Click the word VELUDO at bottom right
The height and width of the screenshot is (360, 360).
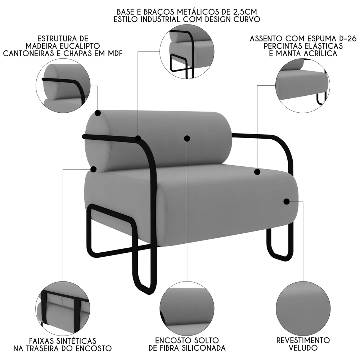(303, 348)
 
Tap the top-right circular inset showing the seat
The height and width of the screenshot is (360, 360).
(303, 85)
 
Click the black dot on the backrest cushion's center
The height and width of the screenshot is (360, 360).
(187, 138)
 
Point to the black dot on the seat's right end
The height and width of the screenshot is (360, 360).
(287, 202)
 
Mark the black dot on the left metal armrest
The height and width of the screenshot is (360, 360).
(138, 138)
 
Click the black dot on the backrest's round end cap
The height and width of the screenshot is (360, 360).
(98, 113)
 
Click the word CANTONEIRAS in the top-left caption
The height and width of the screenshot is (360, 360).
(33, 54)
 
